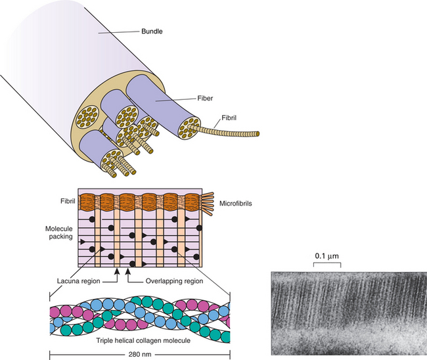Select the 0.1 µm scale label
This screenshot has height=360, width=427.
(326, 254)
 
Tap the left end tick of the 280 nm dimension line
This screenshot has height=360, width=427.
(50, 355)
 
